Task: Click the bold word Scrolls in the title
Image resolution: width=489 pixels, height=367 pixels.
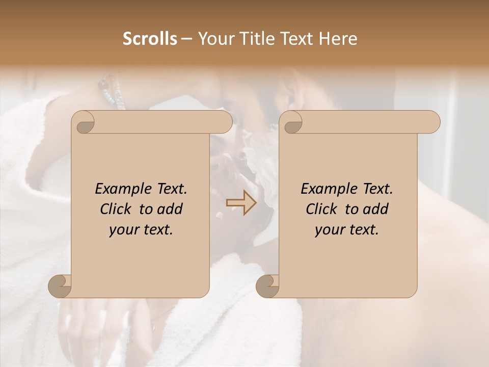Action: tap(150, 39)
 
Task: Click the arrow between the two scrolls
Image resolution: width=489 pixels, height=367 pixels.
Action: tap(241, 203)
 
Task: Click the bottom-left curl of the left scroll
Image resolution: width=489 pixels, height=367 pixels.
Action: tap(60, 285)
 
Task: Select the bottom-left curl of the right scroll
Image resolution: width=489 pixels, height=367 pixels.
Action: tap(267, 285)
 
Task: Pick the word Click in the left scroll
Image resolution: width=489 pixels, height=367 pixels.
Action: tap(118, 209)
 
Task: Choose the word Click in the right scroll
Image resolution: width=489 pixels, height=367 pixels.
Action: tap(323, 209)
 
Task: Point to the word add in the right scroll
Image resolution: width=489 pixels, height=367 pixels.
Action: tap(376, 209)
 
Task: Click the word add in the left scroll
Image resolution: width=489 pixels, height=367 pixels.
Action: tap(170, 209)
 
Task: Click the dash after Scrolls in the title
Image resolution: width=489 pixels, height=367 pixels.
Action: tap(187, 39)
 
